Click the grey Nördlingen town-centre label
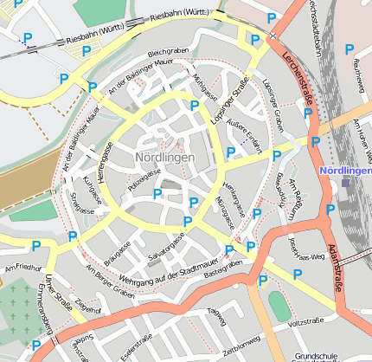[164, 158]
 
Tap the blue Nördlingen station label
[345, 171]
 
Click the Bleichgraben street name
[168, 53]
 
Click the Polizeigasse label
[144, 180]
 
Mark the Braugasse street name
[117, 253]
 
